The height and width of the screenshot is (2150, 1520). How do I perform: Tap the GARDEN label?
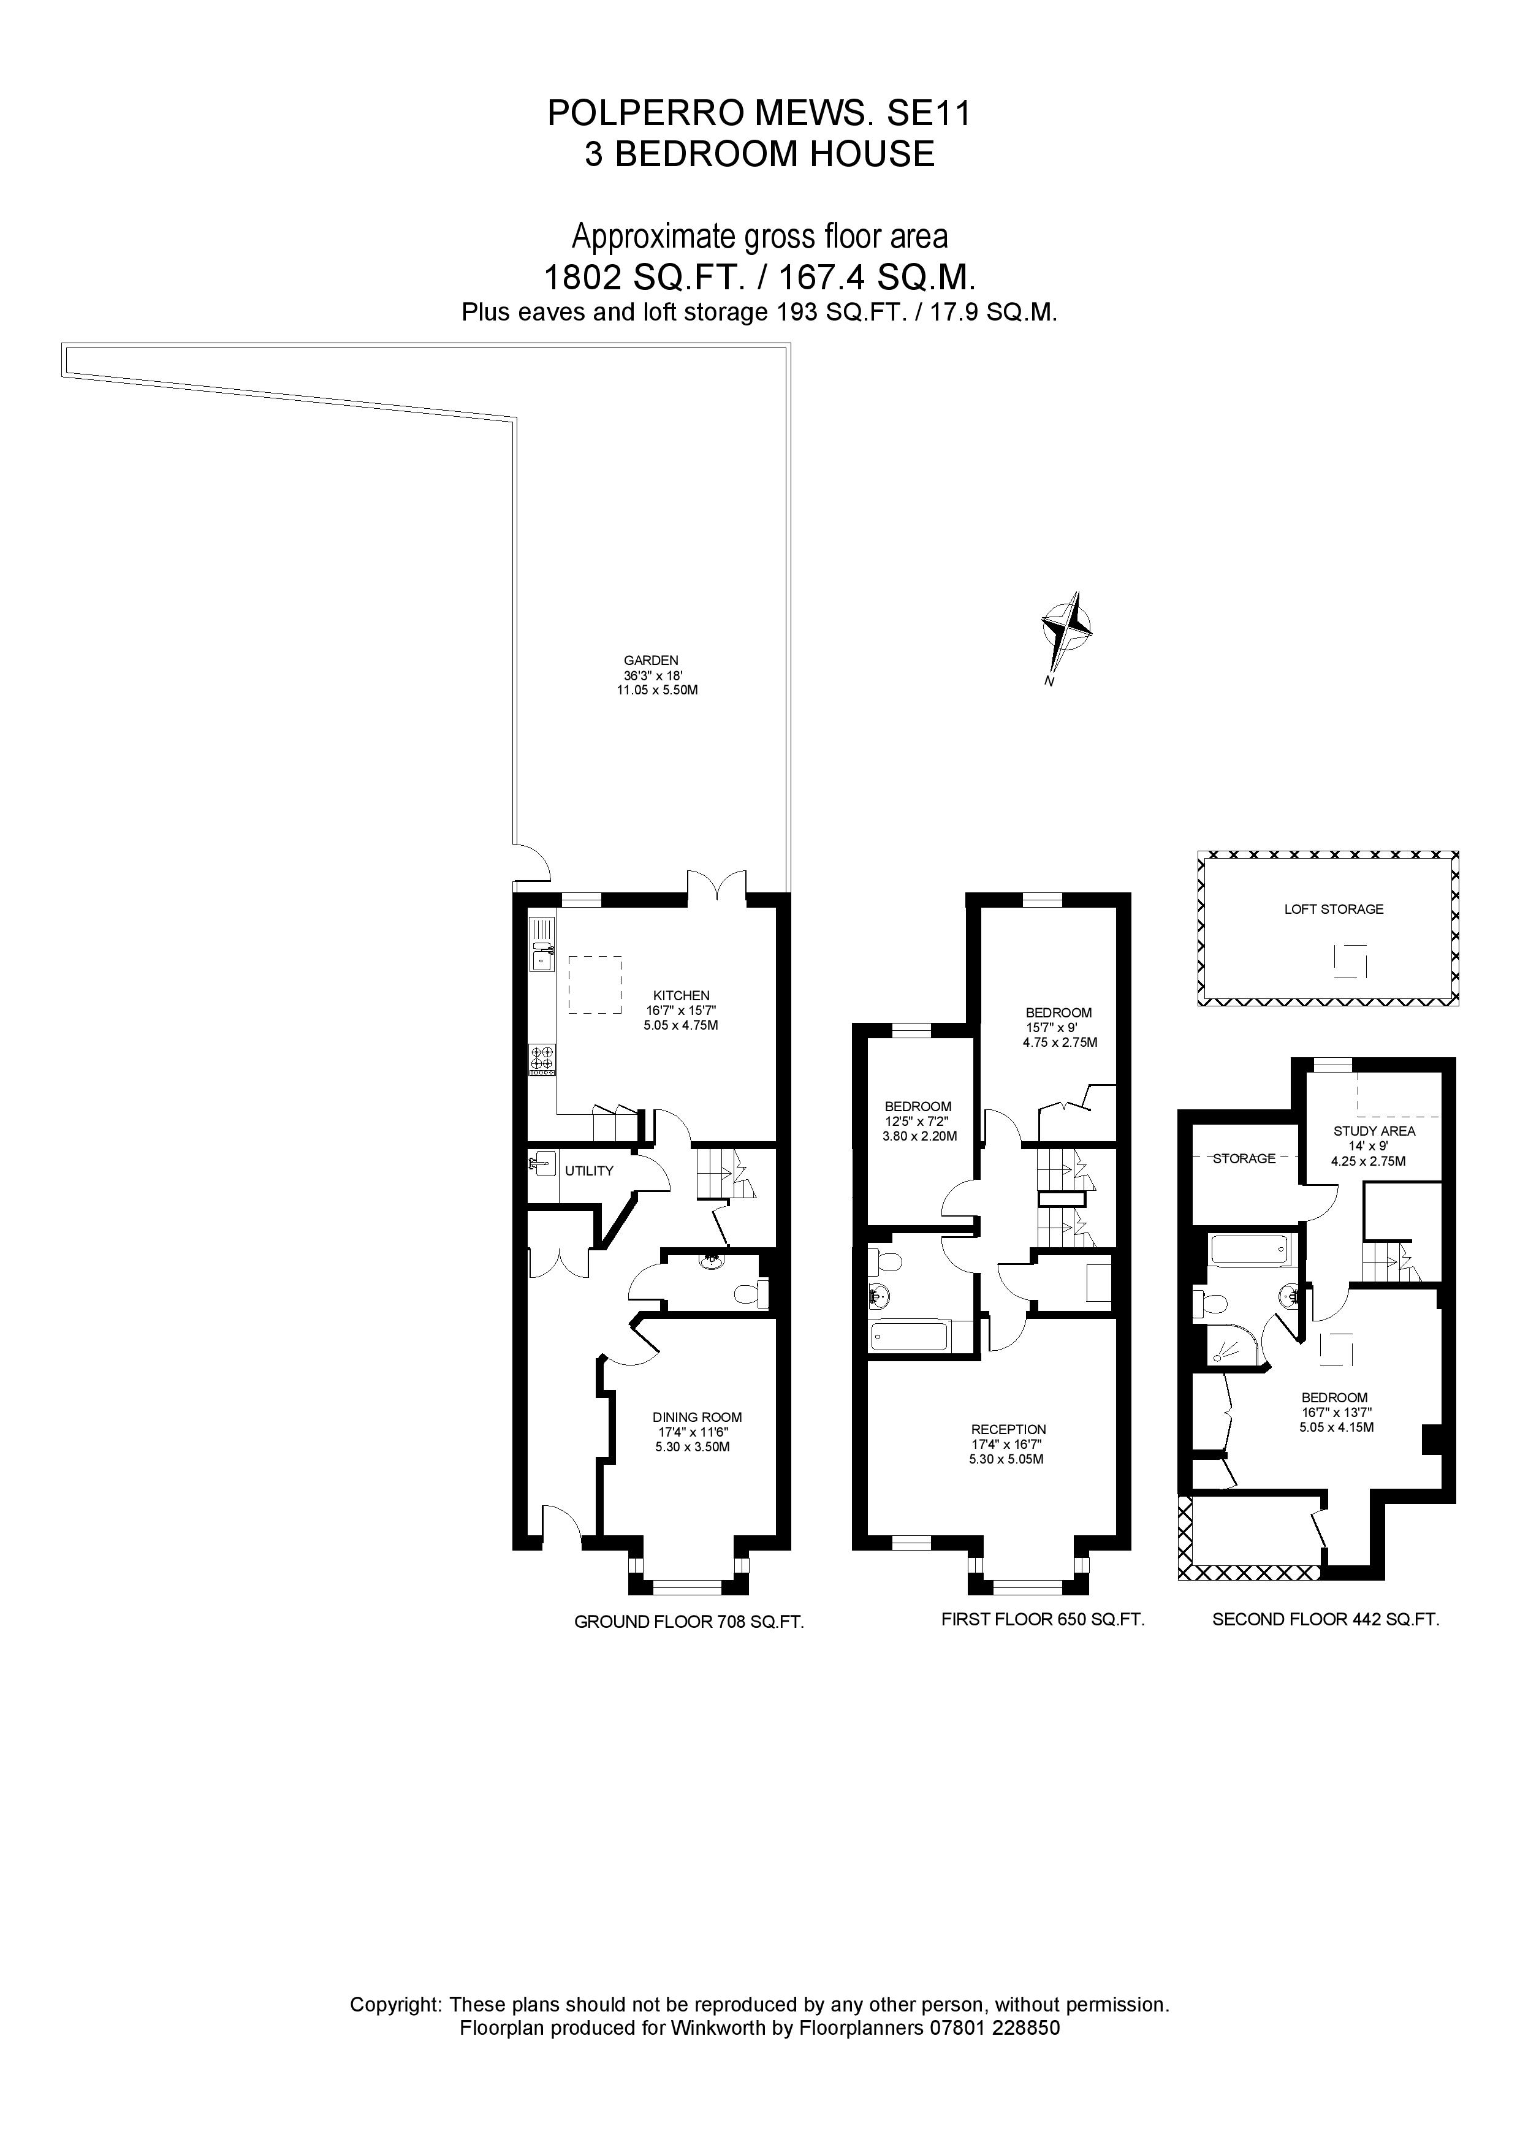click(x=651, y=660)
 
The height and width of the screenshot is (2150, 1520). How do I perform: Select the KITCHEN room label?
click(x=681, y=995)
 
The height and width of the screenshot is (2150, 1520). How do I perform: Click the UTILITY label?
click(x=589, y=1171)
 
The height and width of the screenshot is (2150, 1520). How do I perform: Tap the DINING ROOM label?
click(x=697, y=1418)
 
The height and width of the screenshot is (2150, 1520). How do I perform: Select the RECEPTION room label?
click(x=1009, y=1430)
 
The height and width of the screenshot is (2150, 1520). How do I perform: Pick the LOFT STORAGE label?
click(x=1334, y=910)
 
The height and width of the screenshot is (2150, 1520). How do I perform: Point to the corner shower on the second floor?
click(x=1229, y=1347)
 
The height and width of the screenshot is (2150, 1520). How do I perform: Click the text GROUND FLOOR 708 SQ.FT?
click(x=688, y=1623)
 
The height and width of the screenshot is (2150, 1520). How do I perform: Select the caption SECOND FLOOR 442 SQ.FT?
click(x=1325, y=1619)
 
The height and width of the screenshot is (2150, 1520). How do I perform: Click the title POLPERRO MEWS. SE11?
click(x=759, y=113)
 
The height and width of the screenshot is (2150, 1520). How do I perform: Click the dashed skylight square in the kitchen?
click(x=595, y=984)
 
